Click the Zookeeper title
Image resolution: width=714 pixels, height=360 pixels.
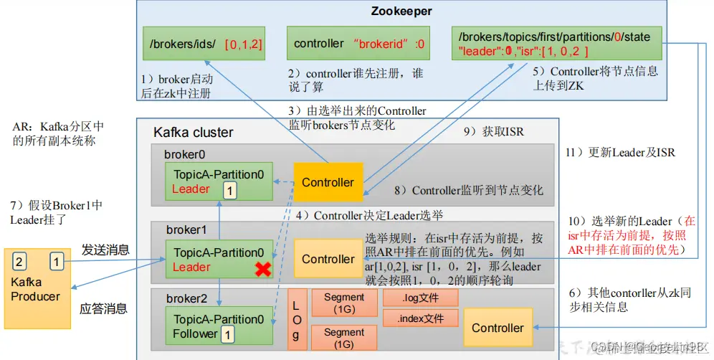click(x=401, y=11)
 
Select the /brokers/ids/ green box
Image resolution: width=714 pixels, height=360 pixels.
click(x=205, y=44)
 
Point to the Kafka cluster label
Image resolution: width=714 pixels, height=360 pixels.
click(x=194, y=133)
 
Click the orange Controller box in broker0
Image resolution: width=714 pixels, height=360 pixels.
click(x=328, y=182)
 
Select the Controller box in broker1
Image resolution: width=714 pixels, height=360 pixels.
click(x=328, y=259)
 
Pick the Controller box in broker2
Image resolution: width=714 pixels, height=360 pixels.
click(x=498, y=328)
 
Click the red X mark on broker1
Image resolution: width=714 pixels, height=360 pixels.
click(x=264, y=269)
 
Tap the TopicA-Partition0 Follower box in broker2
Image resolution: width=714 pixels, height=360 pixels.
click(x=219, y=326)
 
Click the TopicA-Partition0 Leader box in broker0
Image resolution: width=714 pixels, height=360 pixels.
click(x=219, y=181)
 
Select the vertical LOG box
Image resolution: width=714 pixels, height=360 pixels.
click(x=297, y=319)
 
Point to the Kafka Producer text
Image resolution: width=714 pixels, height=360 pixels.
click(x=36, y=289)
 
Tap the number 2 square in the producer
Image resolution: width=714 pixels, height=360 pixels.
click(x=19, y=261)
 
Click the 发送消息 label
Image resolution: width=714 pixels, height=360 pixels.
click(x=105, y=250)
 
